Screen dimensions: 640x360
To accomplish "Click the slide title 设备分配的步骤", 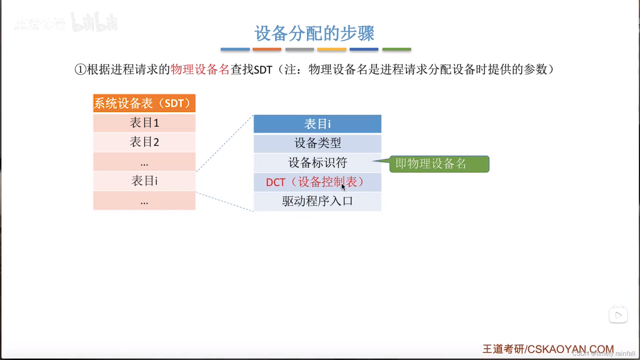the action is click(314, 33).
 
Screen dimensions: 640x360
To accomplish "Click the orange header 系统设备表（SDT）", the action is click(144, 103).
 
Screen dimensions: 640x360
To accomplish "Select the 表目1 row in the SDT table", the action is click(144, 123).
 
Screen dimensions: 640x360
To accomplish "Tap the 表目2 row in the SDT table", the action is click(144, 142).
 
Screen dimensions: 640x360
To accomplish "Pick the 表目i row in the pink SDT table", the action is click(144, 181).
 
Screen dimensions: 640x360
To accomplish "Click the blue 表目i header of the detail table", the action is click(317, 124).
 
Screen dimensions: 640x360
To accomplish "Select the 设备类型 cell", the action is click(317, 143).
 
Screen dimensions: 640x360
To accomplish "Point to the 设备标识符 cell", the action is click(317, 163).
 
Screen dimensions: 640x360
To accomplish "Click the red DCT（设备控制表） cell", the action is click(314, 182).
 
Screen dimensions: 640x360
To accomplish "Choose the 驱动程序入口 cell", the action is click(317, 201).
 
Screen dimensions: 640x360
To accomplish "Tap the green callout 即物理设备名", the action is click(439, 164).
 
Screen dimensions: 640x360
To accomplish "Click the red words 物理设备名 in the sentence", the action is click(200, 69).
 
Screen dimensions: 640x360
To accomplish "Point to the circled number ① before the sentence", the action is click(80, 69).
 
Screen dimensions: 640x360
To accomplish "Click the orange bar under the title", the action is click(267, 49).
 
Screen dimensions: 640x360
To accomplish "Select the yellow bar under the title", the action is click(332, 49).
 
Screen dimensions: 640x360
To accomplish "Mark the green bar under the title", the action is click(397, 49).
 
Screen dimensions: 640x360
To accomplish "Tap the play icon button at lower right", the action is click(618, 315).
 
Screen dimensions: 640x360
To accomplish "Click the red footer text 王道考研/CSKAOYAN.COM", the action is click(548, 349).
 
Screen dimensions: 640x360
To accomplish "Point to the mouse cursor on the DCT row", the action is click(343, 187).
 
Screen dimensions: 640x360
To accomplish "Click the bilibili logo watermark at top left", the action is click(94, 22).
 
